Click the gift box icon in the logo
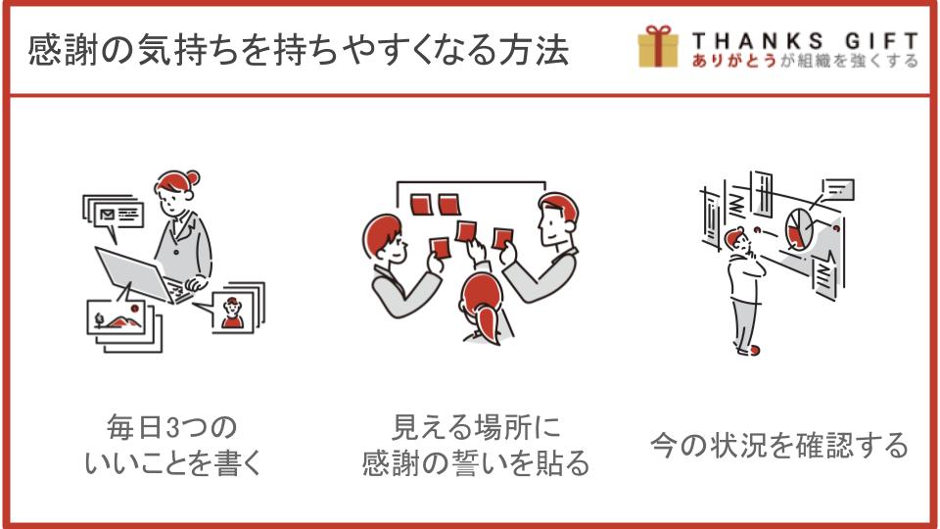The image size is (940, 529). tap(658, 46)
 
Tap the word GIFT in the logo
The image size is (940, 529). tap(881, 41)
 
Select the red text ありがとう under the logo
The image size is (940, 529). tap(733, 61)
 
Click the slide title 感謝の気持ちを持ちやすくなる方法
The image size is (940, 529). tap(298, 49)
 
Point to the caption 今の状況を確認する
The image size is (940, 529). tap(778, 445)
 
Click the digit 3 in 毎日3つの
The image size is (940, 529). tap(173, 428)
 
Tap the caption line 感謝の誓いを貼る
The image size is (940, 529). tap(476, 463)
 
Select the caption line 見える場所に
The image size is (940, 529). tap(476, 428)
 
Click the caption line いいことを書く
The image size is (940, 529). tap(173, 463)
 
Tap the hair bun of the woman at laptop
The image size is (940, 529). tap(193, 178)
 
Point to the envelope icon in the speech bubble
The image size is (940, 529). tap(108, 215)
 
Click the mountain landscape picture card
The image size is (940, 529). tap(116, 316)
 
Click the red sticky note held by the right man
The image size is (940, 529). tap(502, 239)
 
